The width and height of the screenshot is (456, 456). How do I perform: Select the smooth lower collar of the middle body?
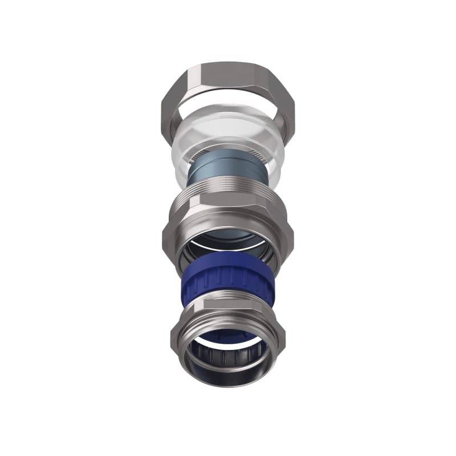coord(228,251)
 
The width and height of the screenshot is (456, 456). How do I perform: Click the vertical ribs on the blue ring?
coord(228,285)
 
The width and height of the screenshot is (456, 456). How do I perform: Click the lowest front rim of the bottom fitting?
coord(228,382)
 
